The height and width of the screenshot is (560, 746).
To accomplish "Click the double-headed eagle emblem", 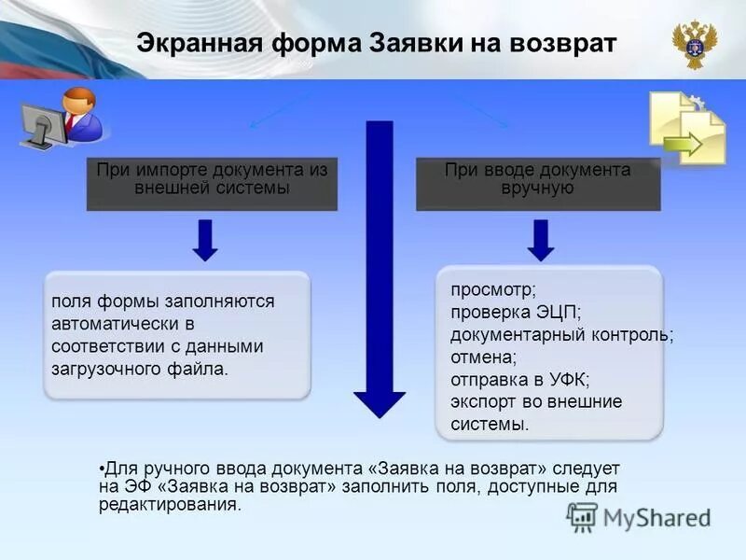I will click(694, 44).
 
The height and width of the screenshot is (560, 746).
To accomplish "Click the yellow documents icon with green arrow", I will click(687, 128).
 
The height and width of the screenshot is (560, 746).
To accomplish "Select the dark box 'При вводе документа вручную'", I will click(537, 183).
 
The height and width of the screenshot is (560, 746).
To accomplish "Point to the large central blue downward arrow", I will click(379, 271).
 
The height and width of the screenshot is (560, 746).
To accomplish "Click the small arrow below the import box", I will click(206, 241).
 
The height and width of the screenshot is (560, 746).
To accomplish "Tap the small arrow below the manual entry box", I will click(540, 241).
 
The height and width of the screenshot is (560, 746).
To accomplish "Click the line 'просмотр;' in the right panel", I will click(488, 290).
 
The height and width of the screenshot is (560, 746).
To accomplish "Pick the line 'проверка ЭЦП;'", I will click(503, 313).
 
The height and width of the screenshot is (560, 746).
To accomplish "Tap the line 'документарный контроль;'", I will click(561, 334).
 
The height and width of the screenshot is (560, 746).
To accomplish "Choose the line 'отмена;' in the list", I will click(483, 357).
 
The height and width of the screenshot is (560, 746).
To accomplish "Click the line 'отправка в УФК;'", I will click(520, 379).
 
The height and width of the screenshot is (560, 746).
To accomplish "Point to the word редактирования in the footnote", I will click(169, 505).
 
